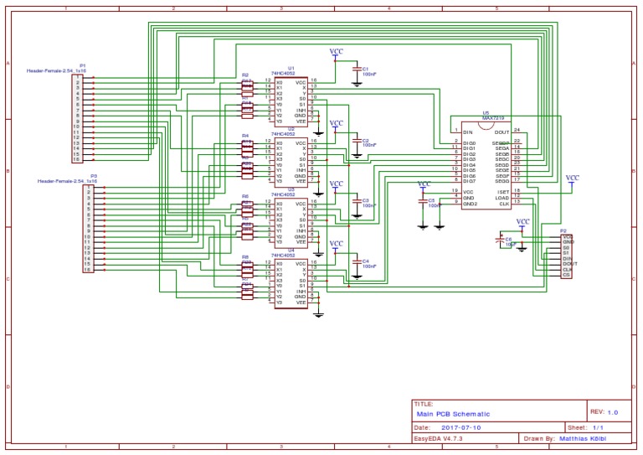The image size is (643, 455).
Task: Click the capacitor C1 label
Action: [365, 68]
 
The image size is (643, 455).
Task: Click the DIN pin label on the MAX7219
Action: [467, 131]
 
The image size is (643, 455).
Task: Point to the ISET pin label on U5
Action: [503, 191]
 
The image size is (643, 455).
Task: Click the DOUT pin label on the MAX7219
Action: [502, 132]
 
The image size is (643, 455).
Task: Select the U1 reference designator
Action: [291, 68]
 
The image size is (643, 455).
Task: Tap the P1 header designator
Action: [82, 65]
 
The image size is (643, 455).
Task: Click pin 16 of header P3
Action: [86, 270]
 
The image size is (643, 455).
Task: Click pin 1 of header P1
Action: [76, 77]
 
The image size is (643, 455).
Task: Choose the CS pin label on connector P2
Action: [566, 275]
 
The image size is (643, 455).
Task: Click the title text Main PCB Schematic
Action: [453, 414]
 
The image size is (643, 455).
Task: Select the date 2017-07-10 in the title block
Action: [460, 427]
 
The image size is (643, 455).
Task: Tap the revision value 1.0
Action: [612, 412]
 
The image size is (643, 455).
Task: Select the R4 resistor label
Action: [245, 135]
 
